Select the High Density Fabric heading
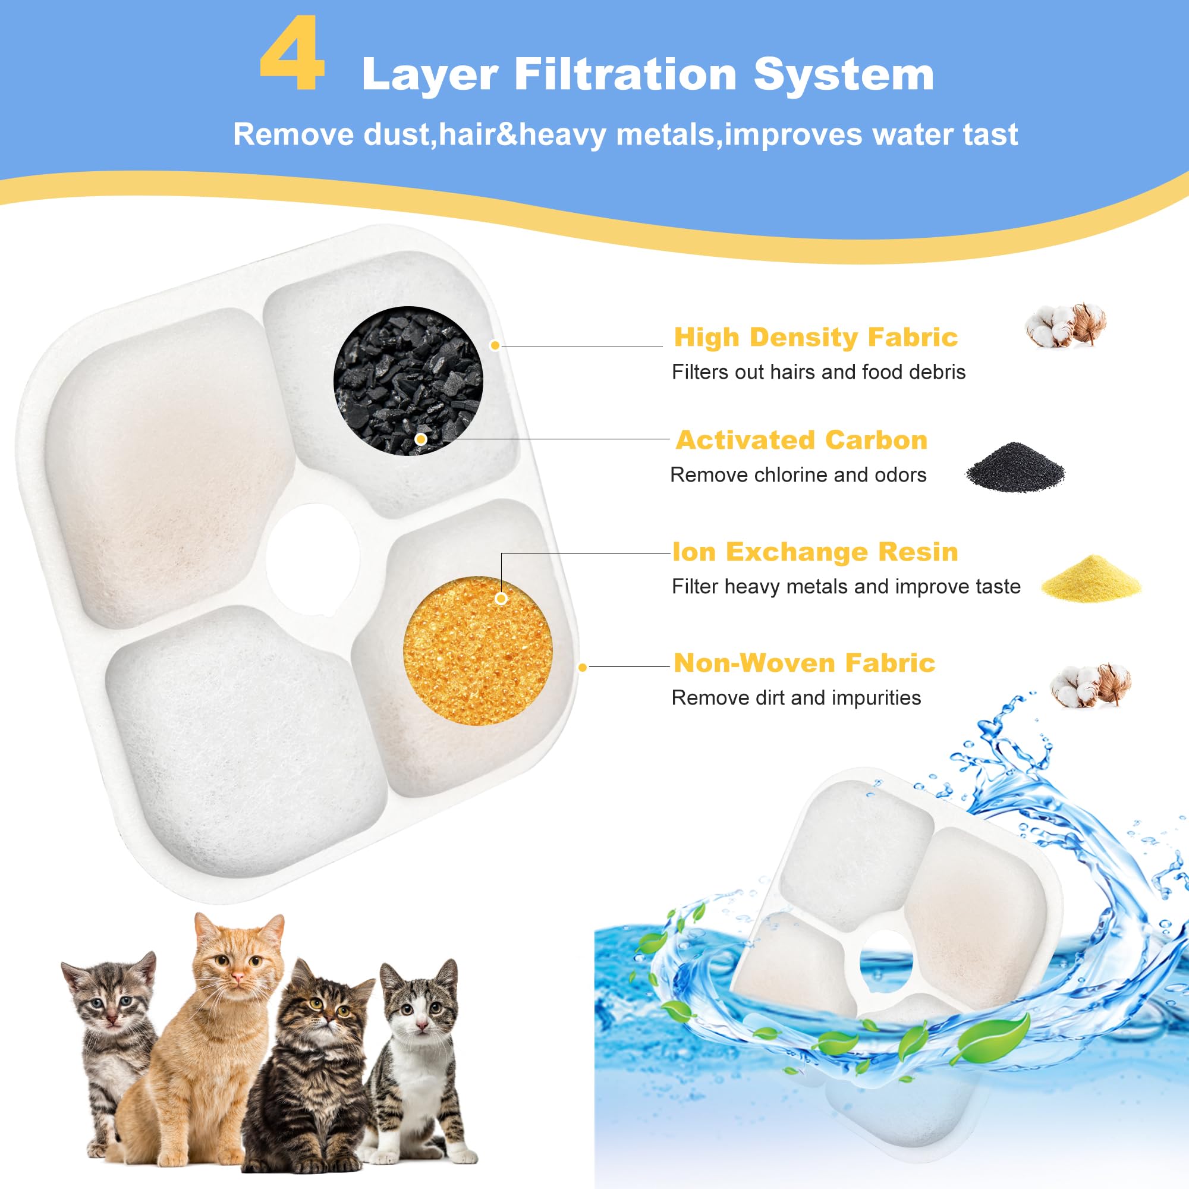(816, 337)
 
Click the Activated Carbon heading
(801, 440)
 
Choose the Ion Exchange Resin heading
(815, 552)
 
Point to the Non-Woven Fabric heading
(804, 663)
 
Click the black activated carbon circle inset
(408, 381)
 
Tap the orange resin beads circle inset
(477, 650)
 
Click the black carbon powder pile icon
(1015, 468)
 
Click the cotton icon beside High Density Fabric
(1065, 326)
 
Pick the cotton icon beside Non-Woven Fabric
(1090, 685)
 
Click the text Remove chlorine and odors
(798, 475)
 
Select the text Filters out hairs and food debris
(818, 372)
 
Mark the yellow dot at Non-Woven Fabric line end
(583, 667)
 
